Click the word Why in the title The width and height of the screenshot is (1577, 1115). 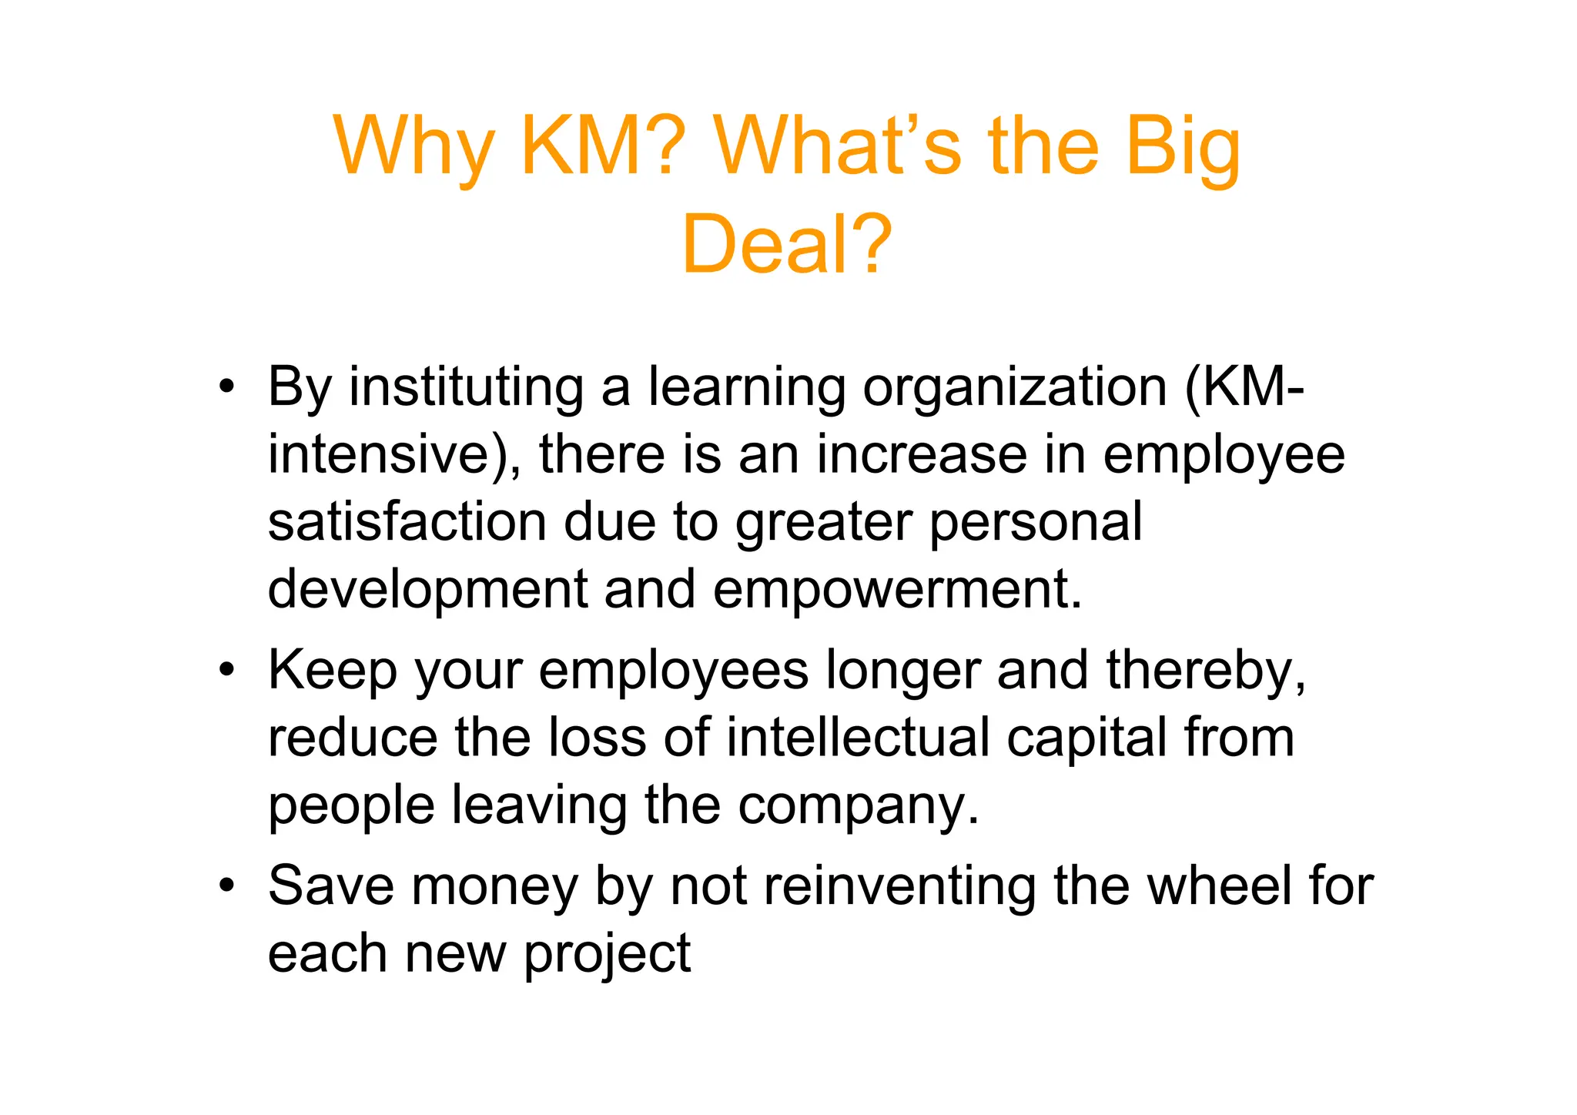click(414, 146)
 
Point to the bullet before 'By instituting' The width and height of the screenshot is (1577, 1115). click(226, 387)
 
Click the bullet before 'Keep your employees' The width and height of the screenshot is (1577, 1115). click(226, 670)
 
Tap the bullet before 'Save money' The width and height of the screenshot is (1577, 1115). click(226, 886)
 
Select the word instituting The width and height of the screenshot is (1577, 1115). click(467, 387)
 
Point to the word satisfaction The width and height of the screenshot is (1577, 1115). click(407, 522)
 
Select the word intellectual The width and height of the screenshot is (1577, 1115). click(858, 738)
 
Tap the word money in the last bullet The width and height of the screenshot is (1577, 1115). click(494, 887)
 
